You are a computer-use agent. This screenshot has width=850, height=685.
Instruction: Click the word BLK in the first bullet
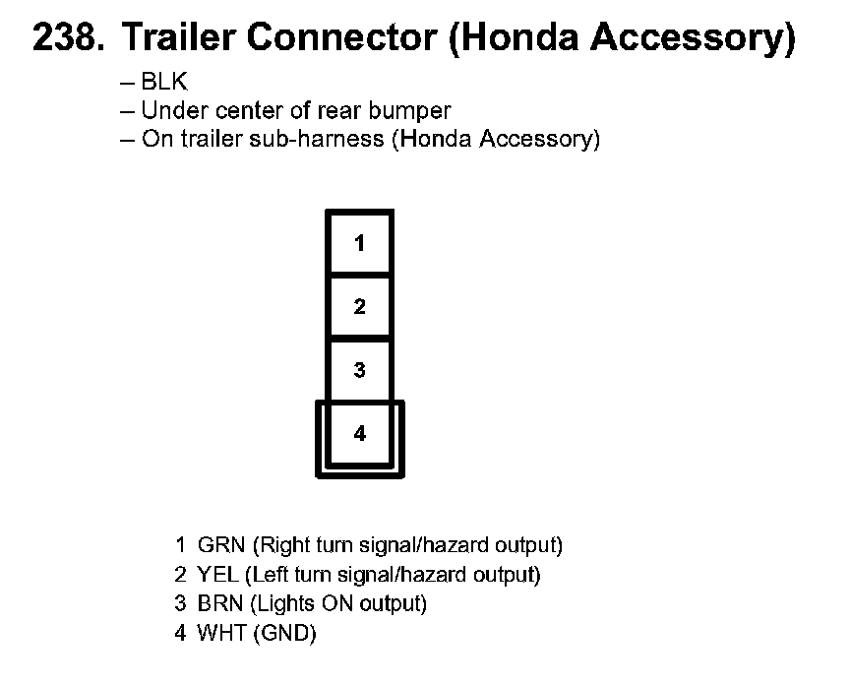click(163, 84)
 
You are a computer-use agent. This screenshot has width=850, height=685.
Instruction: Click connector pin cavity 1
click(360, 243)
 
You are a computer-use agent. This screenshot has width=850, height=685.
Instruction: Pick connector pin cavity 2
click(360, 306)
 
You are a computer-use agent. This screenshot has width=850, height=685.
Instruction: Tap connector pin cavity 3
click(360, 370)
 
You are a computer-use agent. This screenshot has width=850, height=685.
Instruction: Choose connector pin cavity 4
click(360, 433)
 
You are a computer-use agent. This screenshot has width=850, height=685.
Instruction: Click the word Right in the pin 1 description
click(281, 544)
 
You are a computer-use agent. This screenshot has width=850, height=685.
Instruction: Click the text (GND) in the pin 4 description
click(284, 633)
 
